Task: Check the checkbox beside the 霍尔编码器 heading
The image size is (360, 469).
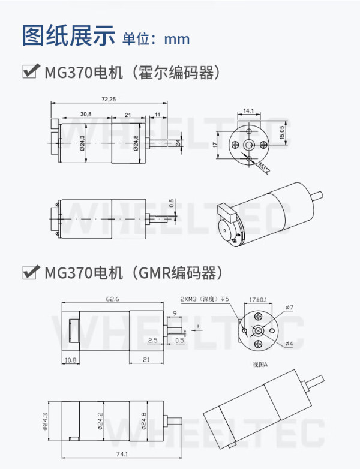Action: point(29,72)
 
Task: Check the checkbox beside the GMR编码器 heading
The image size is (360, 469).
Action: point(29,273)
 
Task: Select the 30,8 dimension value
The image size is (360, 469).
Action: point(85,114)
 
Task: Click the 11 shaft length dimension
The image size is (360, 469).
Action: point(157,114)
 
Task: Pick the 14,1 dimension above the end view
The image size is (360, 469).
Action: point(248,110)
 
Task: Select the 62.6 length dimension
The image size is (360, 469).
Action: point(112,299)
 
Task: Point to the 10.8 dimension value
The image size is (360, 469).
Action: point(70,360)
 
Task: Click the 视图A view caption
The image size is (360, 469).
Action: point(260,364)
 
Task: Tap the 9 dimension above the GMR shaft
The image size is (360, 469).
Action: point(174,312)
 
